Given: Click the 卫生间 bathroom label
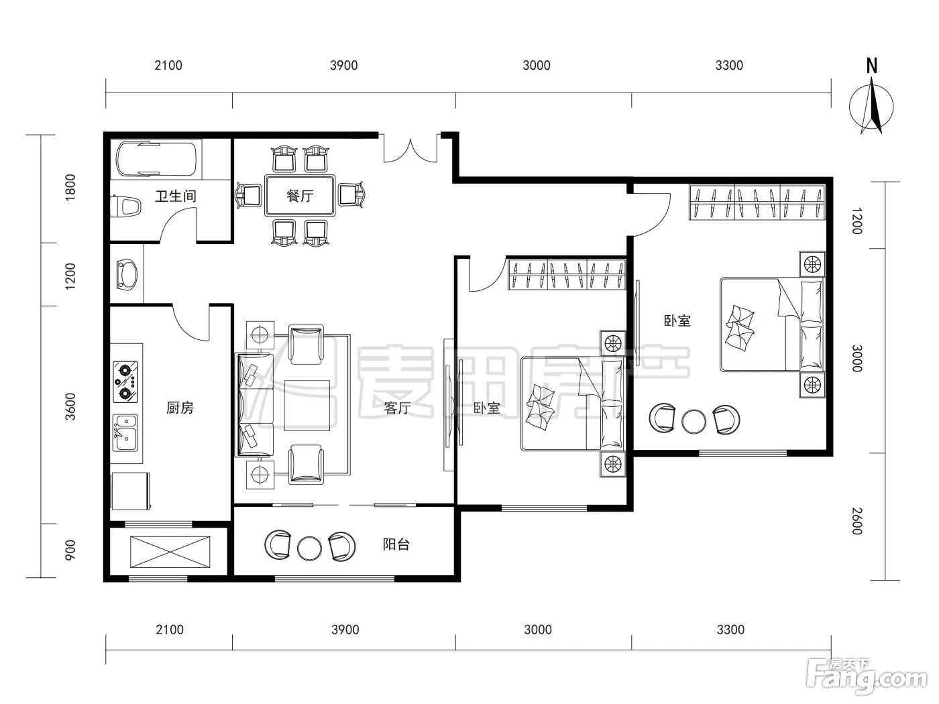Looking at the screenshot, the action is point(176,196).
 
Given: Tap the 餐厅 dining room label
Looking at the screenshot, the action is point(300,196).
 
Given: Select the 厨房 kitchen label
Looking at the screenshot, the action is point(180,408).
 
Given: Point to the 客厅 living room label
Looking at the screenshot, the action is point(397,408).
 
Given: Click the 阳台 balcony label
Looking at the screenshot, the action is point(396,544).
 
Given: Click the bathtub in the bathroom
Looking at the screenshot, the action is point(156,159).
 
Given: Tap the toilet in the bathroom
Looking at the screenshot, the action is point(126,207).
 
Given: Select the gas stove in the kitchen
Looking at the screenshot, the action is point(125,382).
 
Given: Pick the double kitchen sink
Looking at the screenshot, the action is point(125,432).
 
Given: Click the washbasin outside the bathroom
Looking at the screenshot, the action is point(127,274).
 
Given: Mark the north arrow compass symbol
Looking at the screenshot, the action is point(871,107).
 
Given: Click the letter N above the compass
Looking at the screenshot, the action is point(872,66).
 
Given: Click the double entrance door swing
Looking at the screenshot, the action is point(410,150).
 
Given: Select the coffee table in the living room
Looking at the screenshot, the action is point(307,405).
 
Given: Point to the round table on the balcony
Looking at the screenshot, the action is point(309,548).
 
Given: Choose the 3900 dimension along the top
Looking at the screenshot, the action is point(344,66).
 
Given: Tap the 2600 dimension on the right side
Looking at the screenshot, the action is point(857,521).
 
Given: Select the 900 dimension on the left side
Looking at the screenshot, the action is point(70,550).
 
